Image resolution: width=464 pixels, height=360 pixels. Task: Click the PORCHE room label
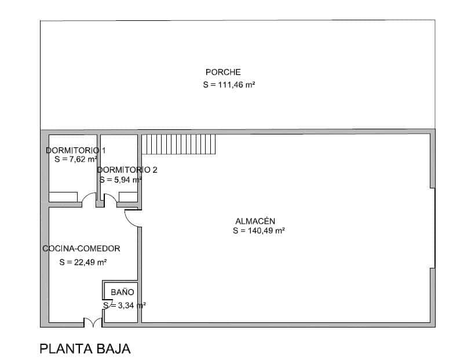coord(223,72)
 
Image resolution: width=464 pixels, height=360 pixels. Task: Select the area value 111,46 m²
coord(229,85)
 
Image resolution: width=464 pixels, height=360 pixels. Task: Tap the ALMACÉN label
coord(255,221)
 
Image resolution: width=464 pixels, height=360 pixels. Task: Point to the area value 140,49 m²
coord(258,231)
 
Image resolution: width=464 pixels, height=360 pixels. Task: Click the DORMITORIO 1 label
coord(75,150)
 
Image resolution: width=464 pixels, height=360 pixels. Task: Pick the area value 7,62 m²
coord(76,159)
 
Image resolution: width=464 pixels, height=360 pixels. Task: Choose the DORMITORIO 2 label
coord(127,170)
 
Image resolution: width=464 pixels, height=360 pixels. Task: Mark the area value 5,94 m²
coord(120,180)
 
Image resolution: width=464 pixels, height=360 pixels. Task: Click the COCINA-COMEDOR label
coord(81,249)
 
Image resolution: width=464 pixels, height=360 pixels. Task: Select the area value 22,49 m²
coord(83,262)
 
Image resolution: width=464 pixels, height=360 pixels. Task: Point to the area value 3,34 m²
coord(124,305)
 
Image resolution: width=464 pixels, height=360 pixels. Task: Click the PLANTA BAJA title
coord(85,349)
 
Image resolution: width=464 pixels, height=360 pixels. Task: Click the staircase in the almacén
coord(179,144)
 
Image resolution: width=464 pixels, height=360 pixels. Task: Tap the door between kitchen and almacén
coord(133,217)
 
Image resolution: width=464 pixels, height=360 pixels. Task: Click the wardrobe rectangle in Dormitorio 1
coord(63,197)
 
